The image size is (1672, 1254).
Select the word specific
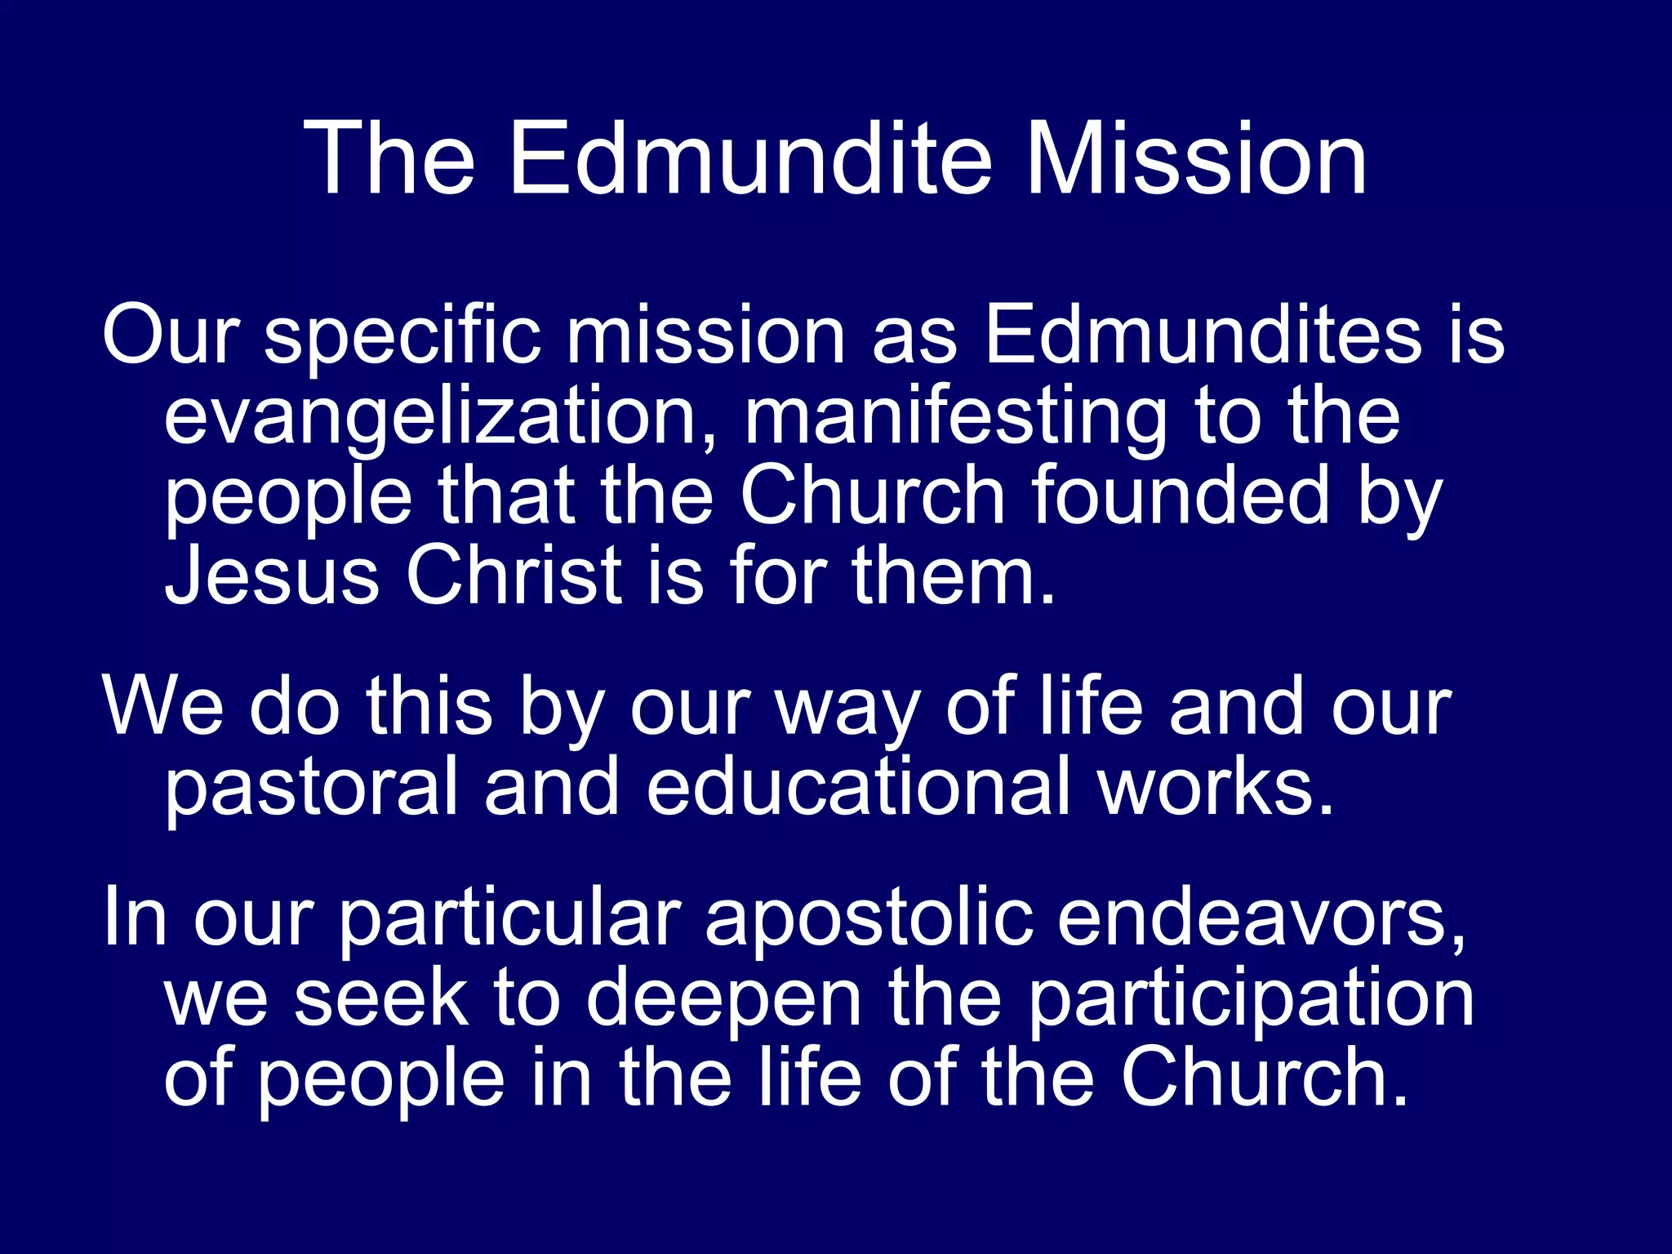402,336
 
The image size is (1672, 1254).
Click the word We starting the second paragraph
162,706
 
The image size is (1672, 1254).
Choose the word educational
858,785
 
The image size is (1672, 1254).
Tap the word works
1216,785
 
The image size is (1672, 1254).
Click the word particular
510,919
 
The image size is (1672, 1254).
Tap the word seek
381,998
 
